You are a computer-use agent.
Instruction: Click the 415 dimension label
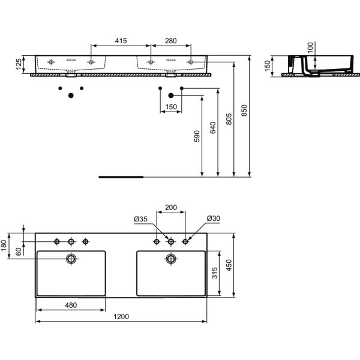(x=121, y=41)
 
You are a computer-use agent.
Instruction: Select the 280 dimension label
(x=171, y=41)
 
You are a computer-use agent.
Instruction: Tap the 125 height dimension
(x=19, y=64)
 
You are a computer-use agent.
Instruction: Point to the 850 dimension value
(x=244, y=110)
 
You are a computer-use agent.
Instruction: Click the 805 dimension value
(x=229, y=119)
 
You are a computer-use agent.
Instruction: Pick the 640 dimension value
(x=213, y=128)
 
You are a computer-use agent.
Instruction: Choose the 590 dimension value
(x=197, y=136)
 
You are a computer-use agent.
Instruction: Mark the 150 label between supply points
(x=171, y=107)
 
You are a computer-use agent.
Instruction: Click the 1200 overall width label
(x=121, y=317)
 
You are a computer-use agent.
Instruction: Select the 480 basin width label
(x=71, y=305)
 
